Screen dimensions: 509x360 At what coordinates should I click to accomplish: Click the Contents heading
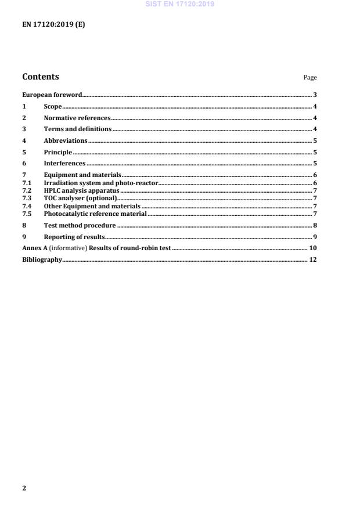tap(40, 77)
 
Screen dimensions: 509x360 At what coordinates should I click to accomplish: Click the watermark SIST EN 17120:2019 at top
tap(180, 4)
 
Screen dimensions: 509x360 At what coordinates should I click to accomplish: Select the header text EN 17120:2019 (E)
tap(53, 25)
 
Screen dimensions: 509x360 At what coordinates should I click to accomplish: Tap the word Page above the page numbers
tap(310, 78)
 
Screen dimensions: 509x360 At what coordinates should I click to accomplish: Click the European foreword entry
tap(52, 95)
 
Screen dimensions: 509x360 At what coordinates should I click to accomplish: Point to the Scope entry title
tap(52, 107)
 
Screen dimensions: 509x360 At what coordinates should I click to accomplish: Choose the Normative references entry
tap(77, 118)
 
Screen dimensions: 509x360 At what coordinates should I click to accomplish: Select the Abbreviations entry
tap(66, 140)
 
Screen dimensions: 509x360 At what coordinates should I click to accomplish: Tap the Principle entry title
tap(58, 152)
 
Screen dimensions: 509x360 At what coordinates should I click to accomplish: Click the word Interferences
tap(64, 164)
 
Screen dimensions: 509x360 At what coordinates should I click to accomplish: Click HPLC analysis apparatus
tap(81, 190)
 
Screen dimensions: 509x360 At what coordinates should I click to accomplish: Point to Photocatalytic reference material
tap(95, 214)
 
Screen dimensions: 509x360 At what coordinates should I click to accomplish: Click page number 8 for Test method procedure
tap(314, 225)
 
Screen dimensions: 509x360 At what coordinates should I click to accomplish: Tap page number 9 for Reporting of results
tap(314, 237)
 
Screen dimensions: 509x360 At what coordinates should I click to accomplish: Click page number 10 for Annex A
tap(312, 248)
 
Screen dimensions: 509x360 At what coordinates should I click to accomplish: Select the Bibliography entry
tap(42, 259)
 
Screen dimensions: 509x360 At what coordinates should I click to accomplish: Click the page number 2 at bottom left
tap(24, 488)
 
